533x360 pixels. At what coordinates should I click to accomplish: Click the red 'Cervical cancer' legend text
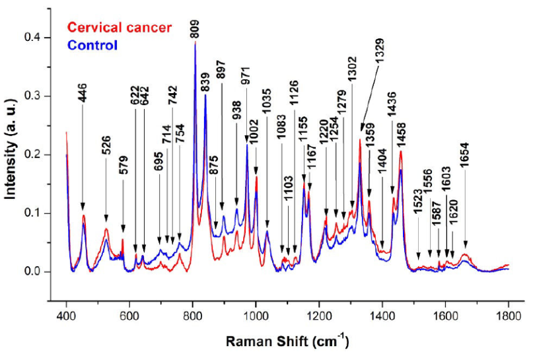120,27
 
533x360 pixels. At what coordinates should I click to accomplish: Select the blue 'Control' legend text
92,45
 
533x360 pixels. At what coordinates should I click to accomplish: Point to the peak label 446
83,96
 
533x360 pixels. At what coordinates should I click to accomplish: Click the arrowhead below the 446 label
83,206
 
